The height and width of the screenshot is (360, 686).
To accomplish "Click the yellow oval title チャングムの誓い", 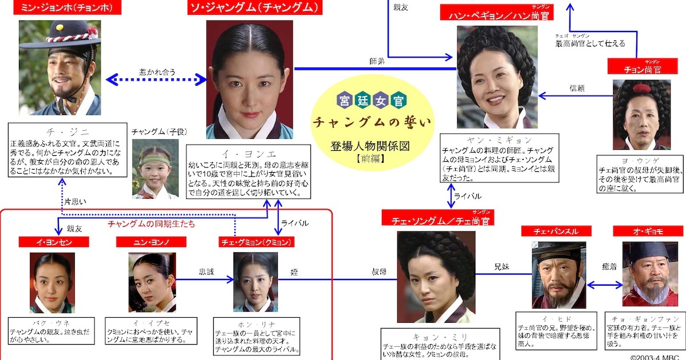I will [x=372, y=122].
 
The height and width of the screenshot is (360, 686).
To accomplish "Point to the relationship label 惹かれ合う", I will [x=157, y=72].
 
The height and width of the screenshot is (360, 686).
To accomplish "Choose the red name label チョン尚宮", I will [x=641, y=69].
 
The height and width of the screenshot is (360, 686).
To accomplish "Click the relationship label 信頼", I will [x=577, y=88].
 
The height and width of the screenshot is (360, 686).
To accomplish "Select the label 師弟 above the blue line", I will [x=377, y=61].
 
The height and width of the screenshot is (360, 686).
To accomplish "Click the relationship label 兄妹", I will [x=502, y=267].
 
